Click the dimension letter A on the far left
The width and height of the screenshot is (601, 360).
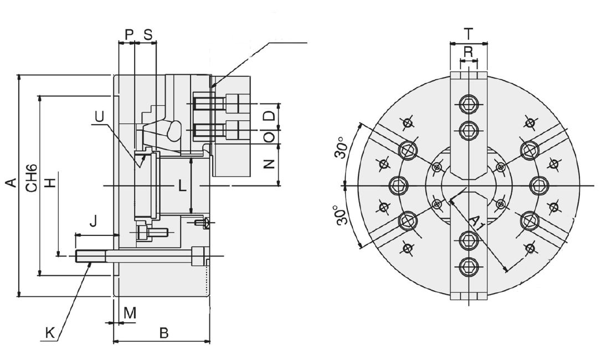(12, 183)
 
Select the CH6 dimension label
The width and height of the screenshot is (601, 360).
(32, 178)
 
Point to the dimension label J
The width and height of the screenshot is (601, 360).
(93, 222)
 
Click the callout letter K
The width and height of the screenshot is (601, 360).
(50, 333)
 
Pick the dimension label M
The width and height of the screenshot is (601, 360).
(130, 313)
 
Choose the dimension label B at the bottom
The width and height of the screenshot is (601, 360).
(163, 333)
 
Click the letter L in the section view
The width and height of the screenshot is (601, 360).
(182, 186)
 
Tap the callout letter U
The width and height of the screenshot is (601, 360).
(99, 116)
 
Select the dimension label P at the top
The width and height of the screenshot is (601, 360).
(130, 34)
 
